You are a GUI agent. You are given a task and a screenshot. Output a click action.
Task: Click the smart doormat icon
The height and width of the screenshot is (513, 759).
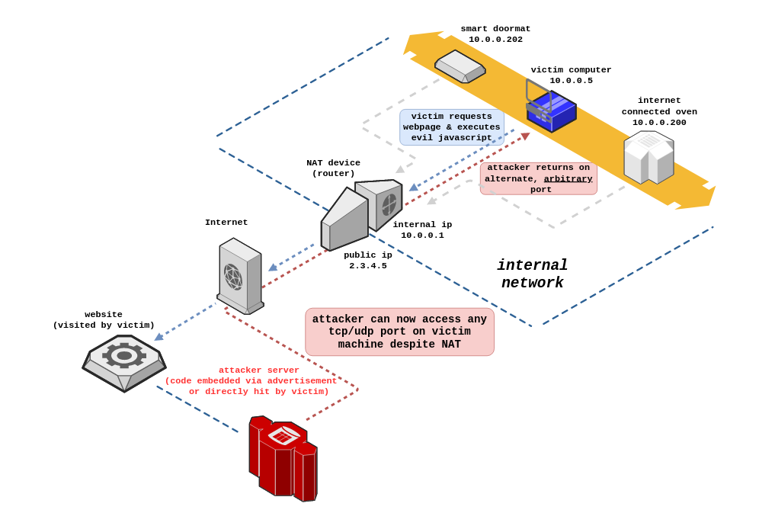460,66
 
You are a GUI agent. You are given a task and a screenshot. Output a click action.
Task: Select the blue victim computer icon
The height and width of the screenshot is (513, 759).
551,111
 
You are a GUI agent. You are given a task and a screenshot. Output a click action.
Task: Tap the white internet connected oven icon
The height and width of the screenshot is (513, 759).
649,157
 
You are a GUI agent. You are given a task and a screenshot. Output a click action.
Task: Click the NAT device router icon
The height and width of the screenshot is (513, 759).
360,213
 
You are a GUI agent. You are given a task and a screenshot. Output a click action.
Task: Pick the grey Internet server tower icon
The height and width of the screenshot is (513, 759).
240,276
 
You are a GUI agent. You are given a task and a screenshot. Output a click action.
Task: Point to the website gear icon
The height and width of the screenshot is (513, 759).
124,362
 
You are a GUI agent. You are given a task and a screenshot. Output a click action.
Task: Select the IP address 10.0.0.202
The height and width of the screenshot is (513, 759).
495,40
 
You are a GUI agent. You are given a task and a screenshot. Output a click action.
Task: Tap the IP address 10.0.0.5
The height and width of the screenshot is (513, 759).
571,81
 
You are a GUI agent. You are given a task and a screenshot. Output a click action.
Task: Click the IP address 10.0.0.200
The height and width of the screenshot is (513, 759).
659,122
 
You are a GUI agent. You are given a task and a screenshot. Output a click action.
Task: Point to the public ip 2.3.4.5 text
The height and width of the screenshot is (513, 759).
368,265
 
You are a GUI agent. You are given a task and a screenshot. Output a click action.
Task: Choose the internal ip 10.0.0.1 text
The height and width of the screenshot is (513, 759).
422,235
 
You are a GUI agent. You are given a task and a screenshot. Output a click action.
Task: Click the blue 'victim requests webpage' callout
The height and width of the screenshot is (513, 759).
452,127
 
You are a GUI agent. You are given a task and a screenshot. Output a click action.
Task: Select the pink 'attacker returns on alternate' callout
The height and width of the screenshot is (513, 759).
539,178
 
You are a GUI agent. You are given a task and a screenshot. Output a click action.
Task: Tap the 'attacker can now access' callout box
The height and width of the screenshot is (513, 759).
399,332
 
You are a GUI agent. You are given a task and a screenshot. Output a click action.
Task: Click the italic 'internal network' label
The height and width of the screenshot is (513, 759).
532,274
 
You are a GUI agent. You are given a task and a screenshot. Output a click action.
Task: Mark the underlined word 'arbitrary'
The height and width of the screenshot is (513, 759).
568,179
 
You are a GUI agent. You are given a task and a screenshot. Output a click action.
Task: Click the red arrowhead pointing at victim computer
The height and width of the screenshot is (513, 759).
525,136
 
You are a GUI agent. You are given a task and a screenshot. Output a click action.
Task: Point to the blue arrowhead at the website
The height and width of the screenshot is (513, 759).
159,336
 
